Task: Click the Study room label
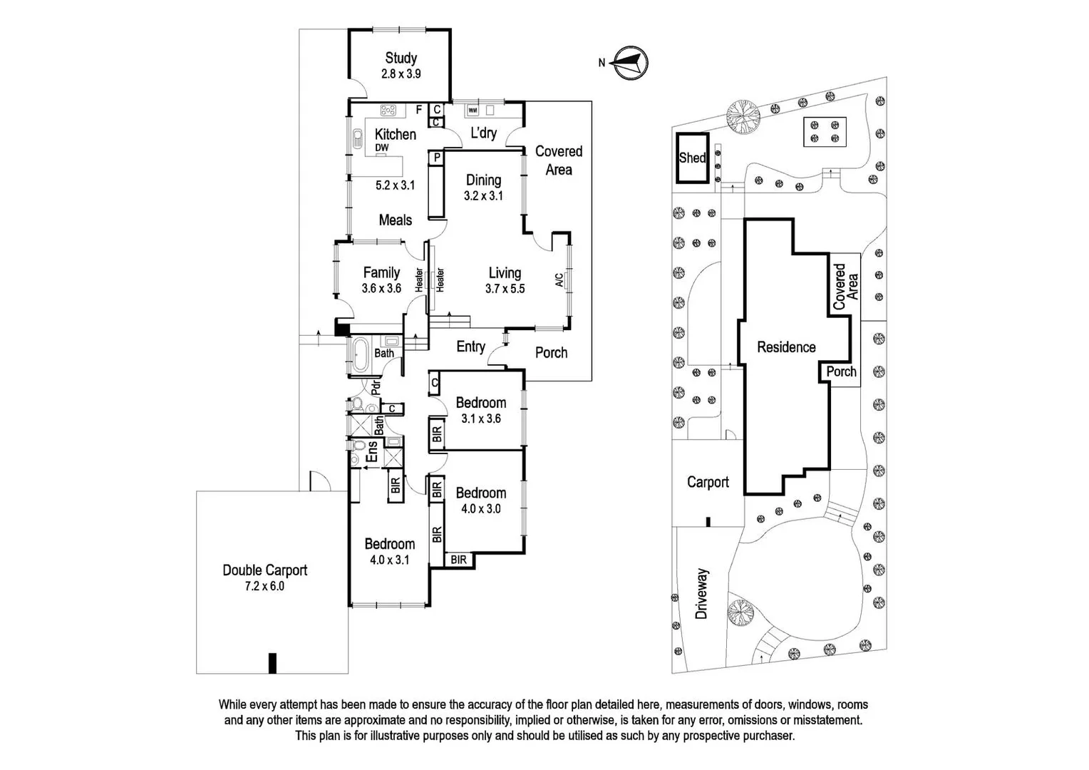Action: point(401,58)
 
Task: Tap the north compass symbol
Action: point(631,63)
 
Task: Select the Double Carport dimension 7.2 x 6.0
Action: point(264,586)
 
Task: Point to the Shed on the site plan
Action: point(693,158)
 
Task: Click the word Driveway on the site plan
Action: point(701,593)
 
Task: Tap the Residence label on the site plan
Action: point(786,346)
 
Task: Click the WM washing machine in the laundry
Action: point(473,111)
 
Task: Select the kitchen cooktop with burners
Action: point(388,111)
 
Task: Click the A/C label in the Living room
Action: point(559,279)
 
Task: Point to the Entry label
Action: point(470,346)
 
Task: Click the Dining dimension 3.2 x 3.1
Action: point(483,196)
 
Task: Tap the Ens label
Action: point(372,451)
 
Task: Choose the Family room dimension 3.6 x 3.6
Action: point(381,289)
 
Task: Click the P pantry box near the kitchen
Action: point(437,158)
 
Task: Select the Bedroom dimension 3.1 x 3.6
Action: point(481,419)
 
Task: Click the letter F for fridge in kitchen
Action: point(418,110)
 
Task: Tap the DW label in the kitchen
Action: point(381,148)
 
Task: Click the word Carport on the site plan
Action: point(708,482)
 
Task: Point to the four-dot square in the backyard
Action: point(825,132)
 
